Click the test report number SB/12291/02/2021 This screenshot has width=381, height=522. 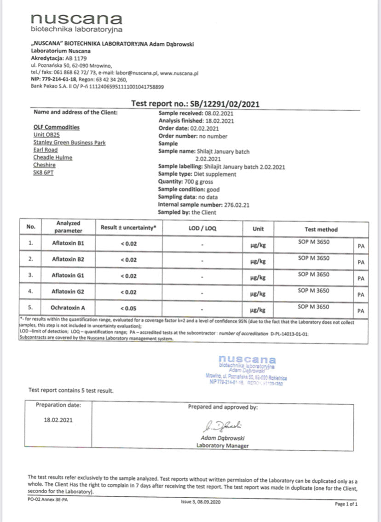point(225,103)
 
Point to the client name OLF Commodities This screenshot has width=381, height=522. point(56,127)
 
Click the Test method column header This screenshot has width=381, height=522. point(321,229)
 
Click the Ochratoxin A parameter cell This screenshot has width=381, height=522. point(69,307)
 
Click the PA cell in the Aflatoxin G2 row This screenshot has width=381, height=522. point(361,295)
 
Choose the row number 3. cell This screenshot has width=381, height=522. point(31,275)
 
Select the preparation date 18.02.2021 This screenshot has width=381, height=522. point(58,419)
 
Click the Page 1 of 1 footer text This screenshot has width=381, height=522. point(346,504)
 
